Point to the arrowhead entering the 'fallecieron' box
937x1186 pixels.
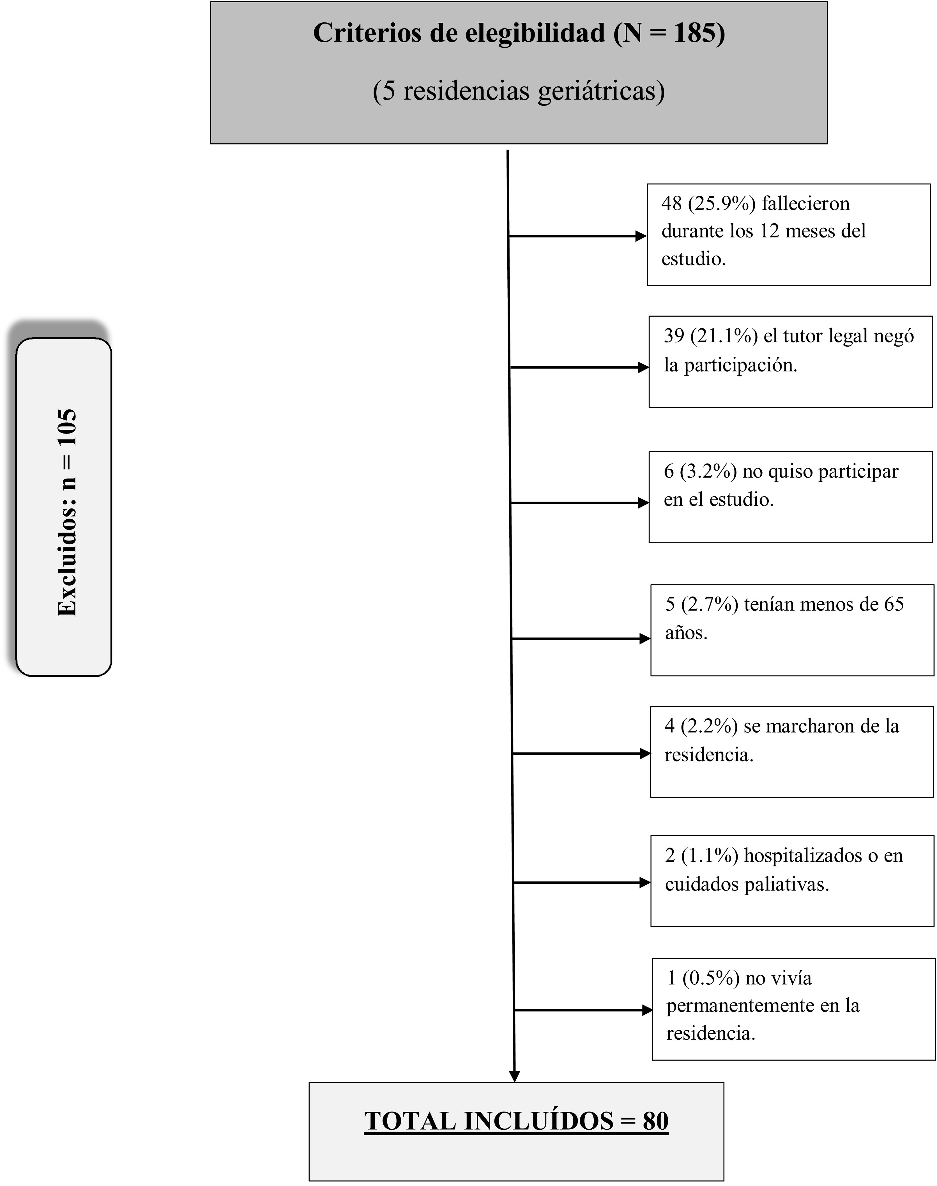641,236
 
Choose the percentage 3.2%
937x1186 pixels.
708,471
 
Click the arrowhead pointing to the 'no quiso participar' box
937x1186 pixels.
643,503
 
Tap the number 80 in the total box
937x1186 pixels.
656,1121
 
